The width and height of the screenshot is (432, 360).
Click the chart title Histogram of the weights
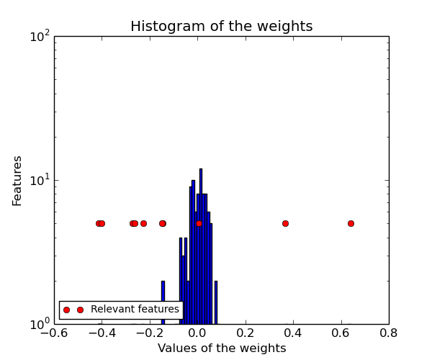tap(221, 27)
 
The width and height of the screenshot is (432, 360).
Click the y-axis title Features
tap(17, 180)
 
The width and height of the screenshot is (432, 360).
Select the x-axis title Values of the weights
tap(222, 348)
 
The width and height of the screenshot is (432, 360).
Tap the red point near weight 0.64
tap(351, 223)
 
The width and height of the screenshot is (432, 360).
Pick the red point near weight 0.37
tap(285, 223)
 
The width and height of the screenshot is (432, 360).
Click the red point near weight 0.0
tap(199, 223)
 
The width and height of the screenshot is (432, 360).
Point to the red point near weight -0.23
tap(143, 223)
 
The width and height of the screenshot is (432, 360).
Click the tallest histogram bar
tap(201, 245)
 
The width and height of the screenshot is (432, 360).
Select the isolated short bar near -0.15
tap(163, 302)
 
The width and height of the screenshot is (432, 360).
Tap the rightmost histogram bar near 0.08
tap(216, 302)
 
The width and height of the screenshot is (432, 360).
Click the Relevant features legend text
tap(135, 310)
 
